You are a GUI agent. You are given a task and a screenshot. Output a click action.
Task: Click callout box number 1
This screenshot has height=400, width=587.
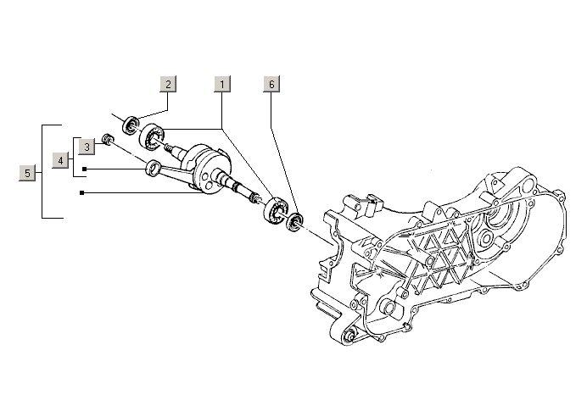pos(222,84)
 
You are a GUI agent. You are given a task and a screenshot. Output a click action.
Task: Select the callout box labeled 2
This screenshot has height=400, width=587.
pos(169,84)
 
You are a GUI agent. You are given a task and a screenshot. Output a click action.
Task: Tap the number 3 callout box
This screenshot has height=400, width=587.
pos(87,147)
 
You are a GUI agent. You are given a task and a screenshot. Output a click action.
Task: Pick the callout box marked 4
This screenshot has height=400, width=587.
pos(61,159)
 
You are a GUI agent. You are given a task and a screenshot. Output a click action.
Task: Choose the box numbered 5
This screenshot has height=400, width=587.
pos(28,173)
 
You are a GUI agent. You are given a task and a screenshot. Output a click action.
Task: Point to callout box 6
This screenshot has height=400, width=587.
pos(271,84)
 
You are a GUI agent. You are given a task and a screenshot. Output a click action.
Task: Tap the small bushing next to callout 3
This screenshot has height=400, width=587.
pos(107,139)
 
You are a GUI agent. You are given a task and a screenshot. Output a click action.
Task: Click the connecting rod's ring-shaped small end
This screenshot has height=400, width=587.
pos(154,168)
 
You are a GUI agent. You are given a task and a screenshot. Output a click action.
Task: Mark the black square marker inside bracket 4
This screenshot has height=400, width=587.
pos(84,169)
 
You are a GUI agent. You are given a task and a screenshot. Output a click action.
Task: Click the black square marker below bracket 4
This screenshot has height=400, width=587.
pos(81,193)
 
